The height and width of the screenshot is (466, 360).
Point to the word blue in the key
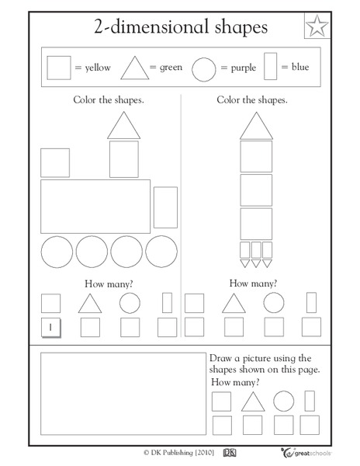(299, 68)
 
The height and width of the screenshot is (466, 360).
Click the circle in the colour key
(202, 68)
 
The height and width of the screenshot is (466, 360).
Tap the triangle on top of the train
(124, 126)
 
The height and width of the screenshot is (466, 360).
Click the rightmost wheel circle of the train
(161, 252)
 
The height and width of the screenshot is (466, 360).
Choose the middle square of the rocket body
(256, 190)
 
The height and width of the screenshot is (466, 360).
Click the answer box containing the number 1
(50, 328)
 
